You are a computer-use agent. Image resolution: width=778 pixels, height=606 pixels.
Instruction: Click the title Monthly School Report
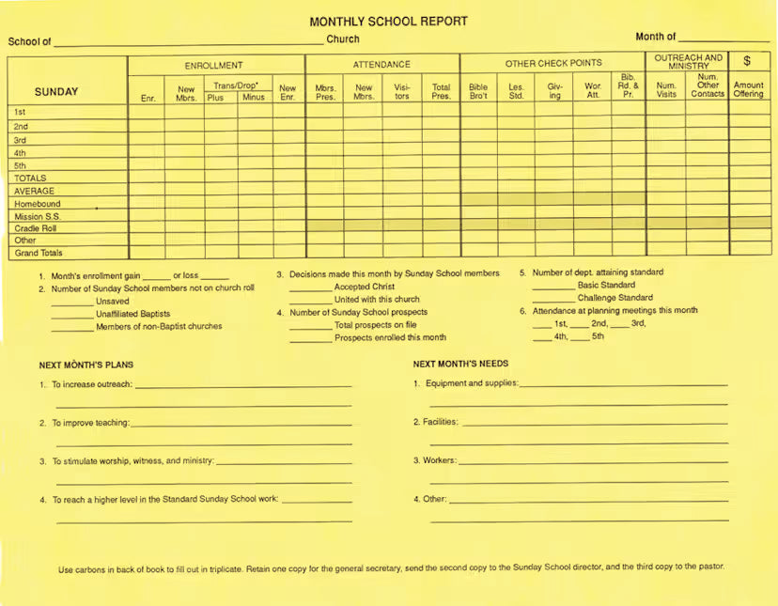(x=388, y=22)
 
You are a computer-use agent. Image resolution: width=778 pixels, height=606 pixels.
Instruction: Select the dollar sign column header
(x=747, y=61)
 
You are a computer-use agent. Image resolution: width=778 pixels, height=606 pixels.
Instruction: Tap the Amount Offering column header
(x=748, y=89)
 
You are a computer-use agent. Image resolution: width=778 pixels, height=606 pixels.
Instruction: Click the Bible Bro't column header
(x=478, y=91)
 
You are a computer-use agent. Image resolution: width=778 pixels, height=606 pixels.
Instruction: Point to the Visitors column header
(x=401, y=91)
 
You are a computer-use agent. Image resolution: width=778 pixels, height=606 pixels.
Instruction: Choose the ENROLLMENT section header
(x=213, y=65)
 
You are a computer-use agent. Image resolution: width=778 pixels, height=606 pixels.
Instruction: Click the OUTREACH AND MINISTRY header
(x=688, y=61)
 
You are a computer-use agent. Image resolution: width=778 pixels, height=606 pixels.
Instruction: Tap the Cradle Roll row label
(x=36, y=228)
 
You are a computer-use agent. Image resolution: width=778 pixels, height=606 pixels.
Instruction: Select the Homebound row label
(x=38, y=204)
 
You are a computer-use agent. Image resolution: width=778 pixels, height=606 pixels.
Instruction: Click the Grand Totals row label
(x=39, y=253)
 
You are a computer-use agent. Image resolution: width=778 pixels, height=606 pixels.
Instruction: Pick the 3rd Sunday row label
(x=21, y=140)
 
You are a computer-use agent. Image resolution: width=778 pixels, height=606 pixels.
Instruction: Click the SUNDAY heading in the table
(x=56, y=92)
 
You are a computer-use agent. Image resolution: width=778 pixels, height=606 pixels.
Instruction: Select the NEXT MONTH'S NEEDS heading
(x=460, y=364)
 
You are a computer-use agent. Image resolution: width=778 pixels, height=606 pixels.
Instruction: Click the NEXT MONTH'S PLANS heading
(x=86, y=365)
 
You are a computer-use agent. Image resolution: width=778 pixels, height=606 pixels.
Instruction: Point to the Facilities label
(x=440, y=422)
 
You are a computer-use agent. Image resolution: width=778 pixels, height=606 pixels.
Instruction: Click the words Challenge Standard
(x=615, y=298)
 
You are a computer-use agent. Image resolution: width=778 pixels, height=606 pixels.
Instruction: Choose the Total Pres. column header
(x=441, y=91)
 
